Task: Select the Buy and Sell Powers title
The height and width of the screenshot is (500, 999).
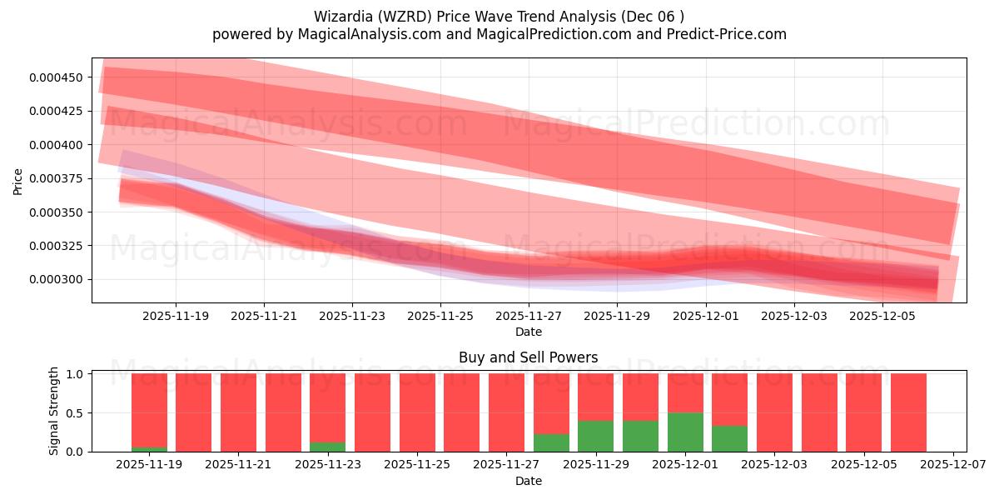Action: tap(528, 357)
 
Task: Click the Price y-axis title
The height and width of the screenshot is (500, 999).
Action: tap(18, 181)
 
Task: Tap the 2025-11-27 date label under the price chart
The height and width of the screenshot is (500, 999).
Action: tap(529, 317)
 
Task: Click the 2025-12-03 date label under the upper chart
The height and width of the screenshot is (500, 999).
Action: tap(793, 317)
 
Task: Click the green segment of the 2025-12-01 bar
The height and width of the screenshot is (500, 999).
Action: tap(685, 432)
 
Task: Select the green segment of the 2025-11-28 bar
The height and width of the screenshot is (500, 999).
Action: tap(551, 442)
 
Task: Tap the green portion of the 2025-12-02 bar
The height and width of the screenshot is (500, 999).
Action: tap(729, 438)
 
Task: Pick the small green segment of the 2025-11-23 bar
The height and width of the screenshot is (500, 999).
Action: tap(327, 447)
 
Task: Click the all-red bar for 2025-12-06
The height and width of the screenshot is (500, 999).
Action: tap(908, 412)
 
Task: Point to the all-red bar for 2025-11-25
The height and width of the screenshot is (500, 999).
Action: tap(417, 412)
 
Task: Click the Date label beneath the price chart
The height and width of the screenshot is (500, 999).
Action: tap(528, 332)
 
